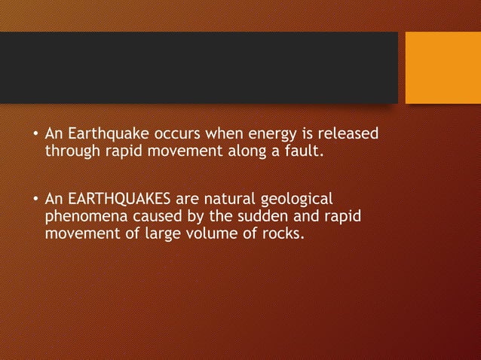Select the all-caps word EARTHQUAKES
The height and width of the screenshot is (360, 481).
click(x=118, y=200)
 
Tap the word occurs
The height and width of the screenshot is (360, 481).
click(x=178, y=135)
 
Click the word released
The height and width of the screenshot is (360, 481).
click(x=348, y=135)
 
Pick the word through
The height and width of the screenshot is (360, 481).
click(x=75, y=151)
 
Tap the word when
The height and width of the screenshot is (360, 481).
click(x=224, y=135)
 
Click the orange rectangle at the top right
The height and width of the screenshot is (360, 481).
click(x=443, y=68)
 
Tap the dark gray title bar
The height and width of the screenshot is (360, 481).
click(x=198, y=67)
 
